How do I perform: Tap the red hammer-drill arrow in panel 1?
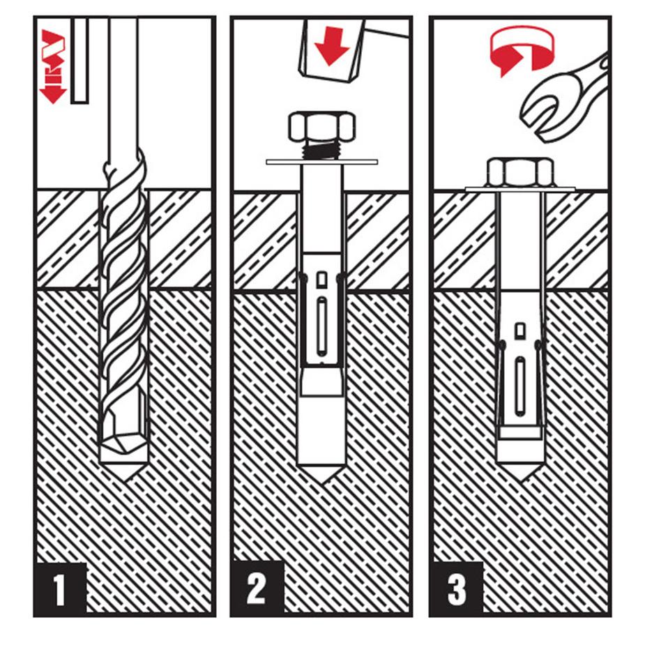(x=53, y=66)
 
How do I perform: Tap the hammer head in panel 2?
(x=328, y=52)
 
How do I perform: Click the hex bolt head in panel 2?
(x=321, y=127)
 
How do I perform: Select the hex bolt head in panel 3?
(x=520, y=172)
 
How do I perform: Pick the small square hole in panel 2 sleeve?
(x=321, y=280)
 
